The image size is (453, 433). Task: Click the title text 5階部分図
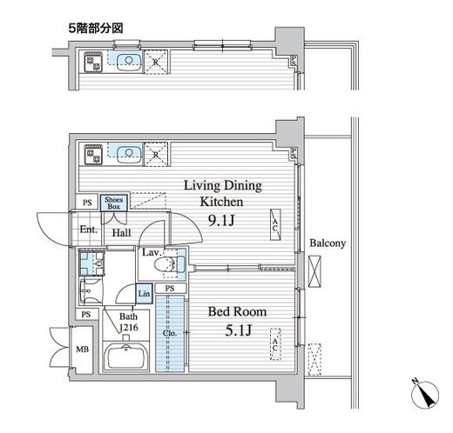pos(91,29)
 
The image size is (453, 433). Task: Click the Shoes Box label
pos(113,203)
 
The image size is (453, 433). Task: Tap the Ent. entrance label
pos(88,230)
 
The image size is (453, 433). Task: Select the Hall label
pos(121,234)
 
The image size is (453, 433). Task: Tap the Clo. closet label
pos(169,332)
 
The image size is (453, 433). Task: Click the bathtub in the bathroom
pos(127,356)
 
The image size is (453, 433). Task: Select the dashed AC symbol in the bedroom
pos(275,343)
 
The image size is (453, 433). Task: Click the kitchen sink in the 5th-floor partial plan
pos(129,62)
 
